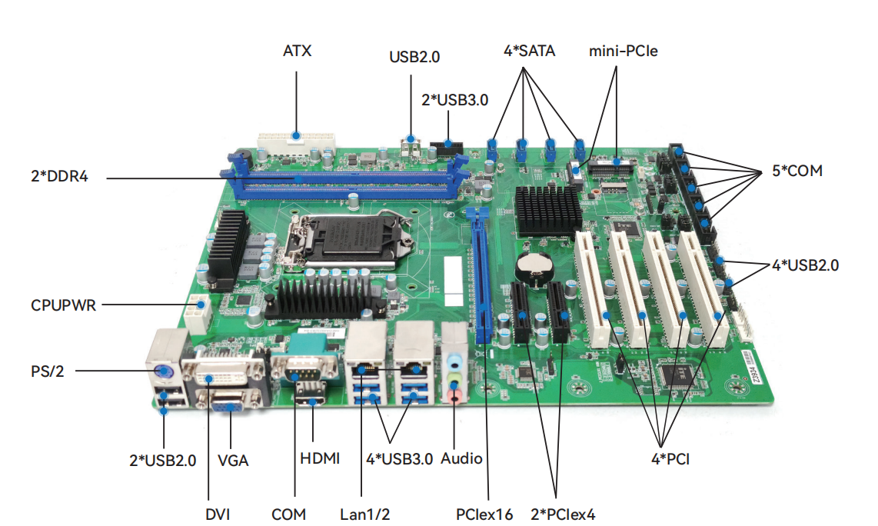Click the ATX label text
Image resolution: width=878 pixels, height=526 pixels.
point(297,52)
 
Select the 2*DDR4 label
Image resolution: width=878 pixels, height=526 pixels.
point(59,176)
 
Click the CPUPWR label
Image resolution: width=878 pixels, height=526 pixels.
point(63,305)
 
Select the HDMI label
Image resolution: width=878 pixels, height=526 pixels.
point(319,458)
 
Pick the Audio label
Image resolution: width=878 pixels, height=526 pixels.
point(461,458)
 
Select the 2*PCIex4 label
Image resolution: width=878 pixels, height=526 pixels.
point(564,514)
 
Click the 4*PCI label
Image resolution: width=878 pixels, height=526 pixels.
point(670,460)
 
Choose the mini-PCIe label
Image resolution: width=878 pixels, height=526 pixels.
point(624,52)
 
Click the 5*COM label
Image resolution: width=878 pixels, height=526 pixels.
point(797,171)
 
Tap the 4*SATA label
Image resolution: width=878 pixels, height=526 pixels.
point(529,52)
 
